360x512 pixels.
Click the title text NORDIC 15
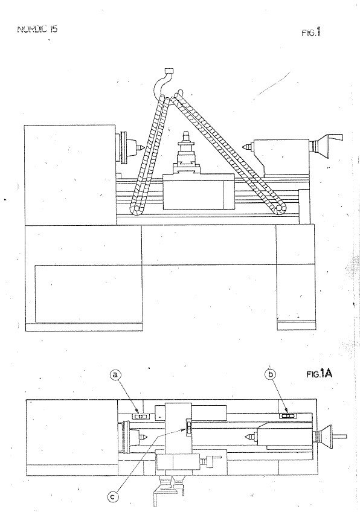pyautogui.click(x=37, y=29)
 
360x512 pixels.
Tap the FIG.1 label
pyautogui.click(x=310, y=33)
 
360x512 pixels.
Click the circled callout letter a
pyautogui.click(x=114, y=376)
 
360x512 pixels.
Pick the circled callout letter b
pyautogui.click(x=270, y=374)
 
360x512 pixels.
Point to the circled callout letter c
pyautogui.click(x=113, y=498)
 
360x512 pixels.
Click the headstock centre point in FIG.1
pyautogui.click(x=141, y=146)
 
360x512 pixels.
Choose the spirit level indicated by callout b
pyautogui.click(x=288, y=415)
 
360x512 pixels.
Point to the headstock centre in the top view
pyautogui.click(x=142, y=436)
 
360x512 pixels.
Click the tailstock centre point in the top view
pyautogui.click(x=250, y=435)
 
